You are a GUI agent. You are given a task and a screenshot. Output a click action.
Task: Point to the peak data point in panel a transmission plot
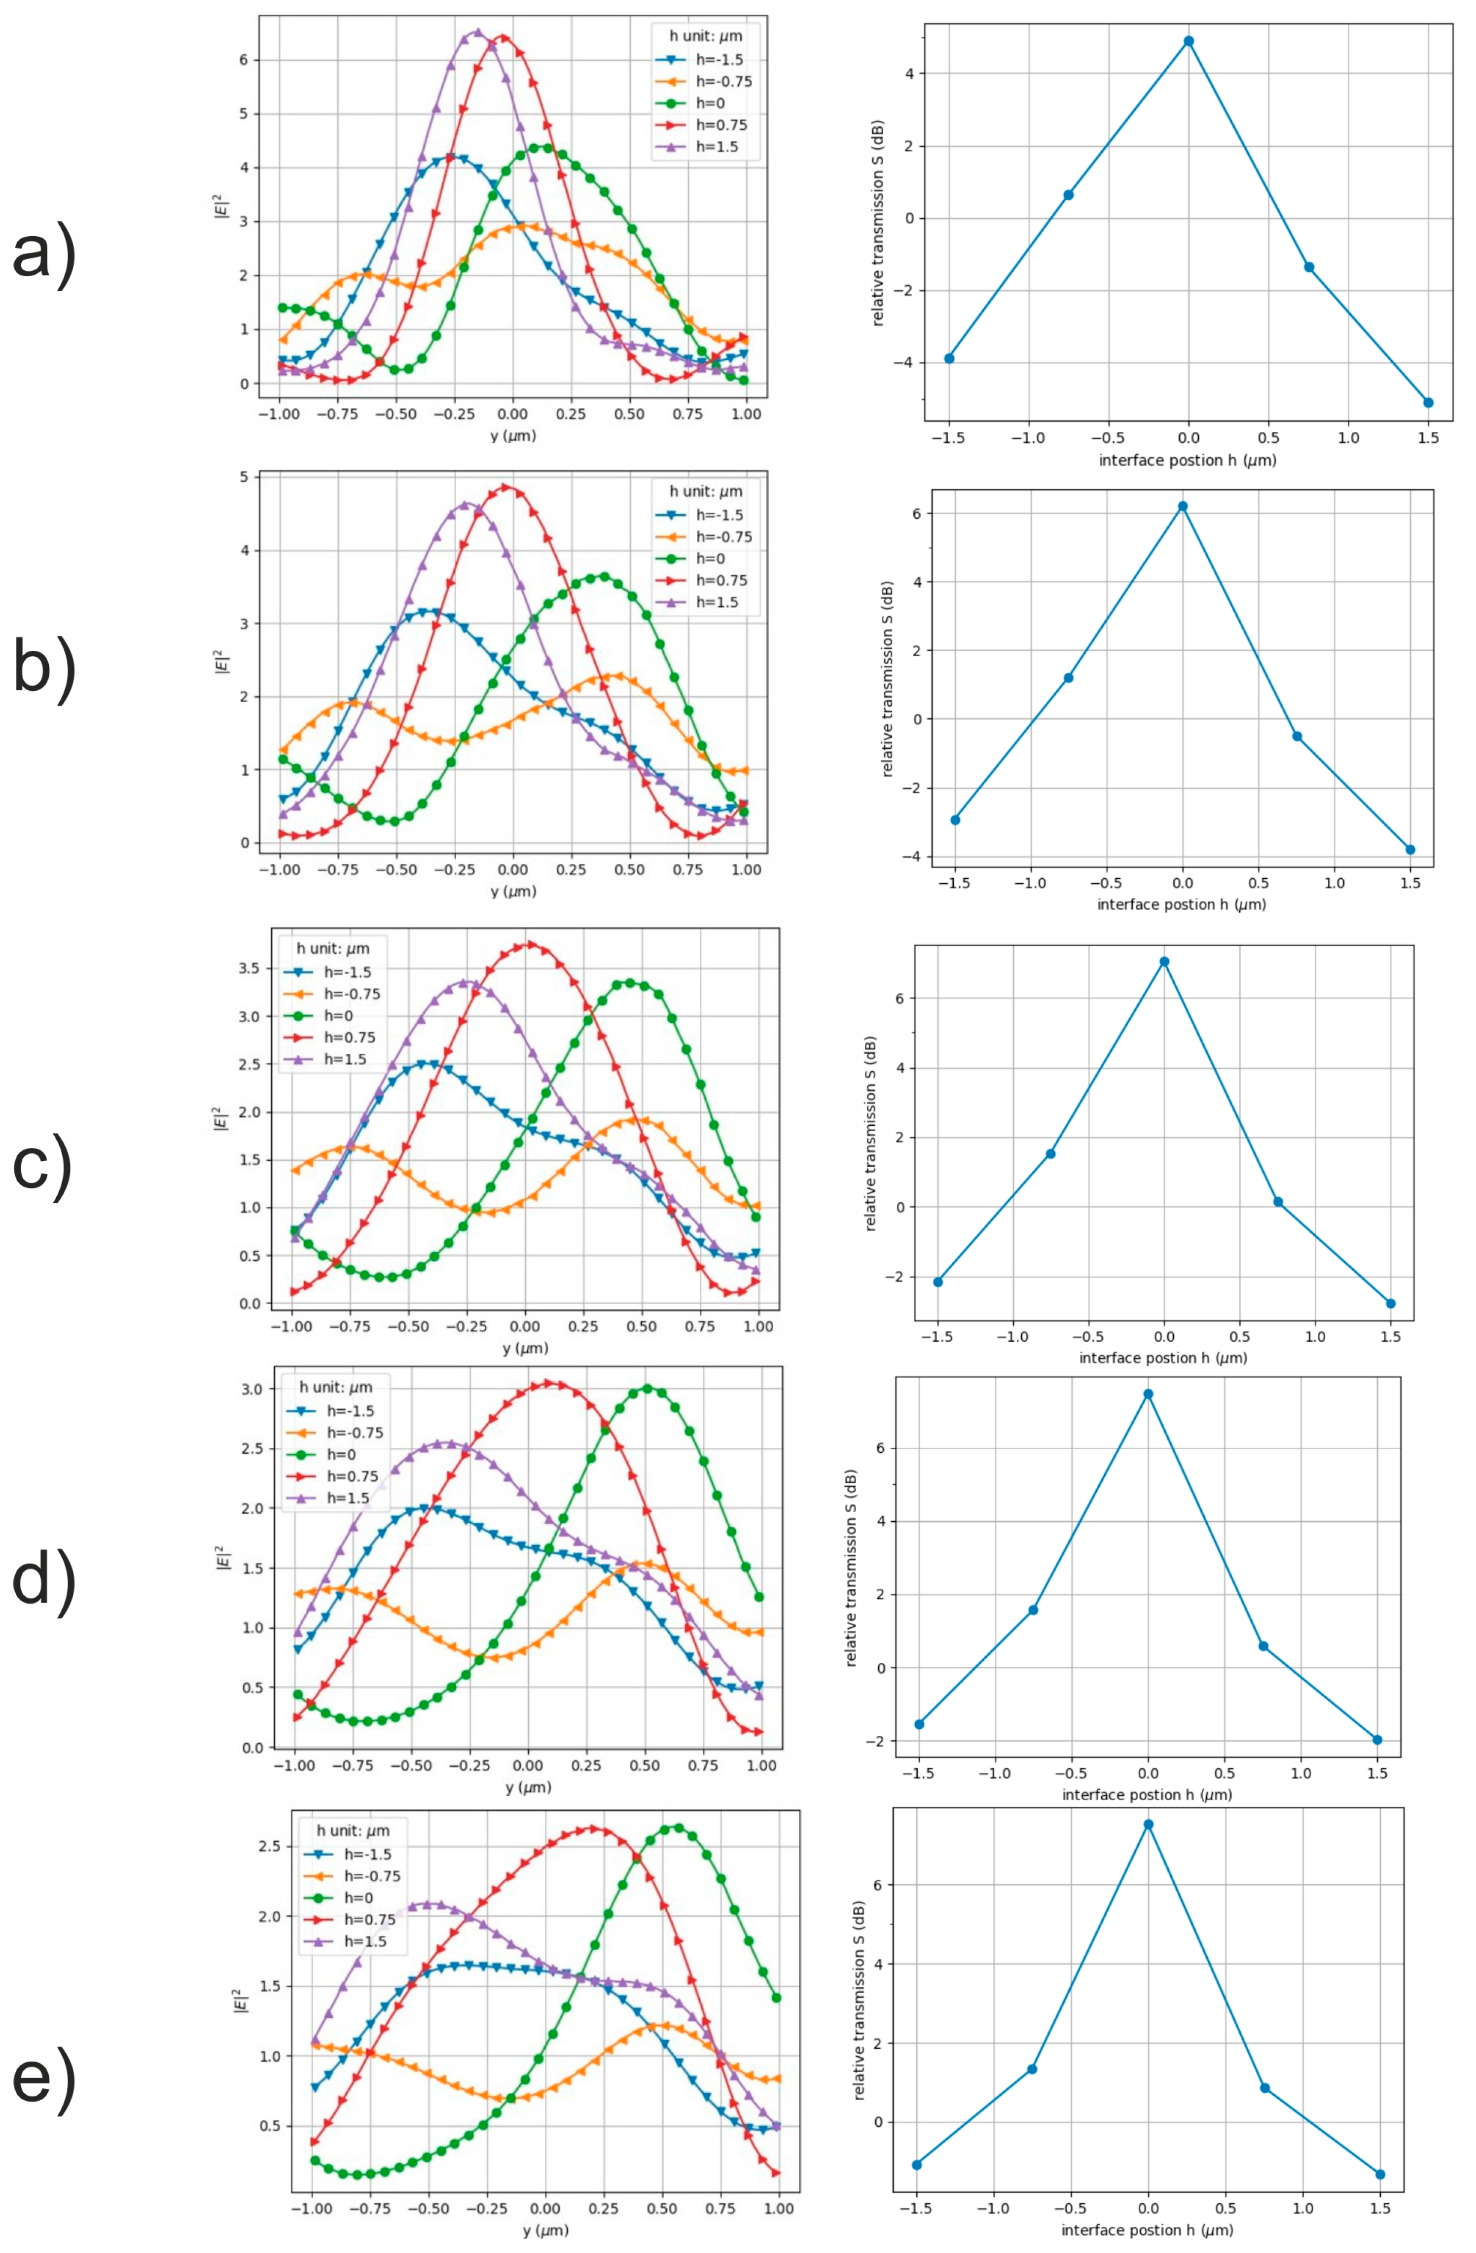1188,41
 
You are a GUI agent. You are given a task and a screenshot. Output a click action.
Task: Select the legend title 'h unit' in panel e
352,1830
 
